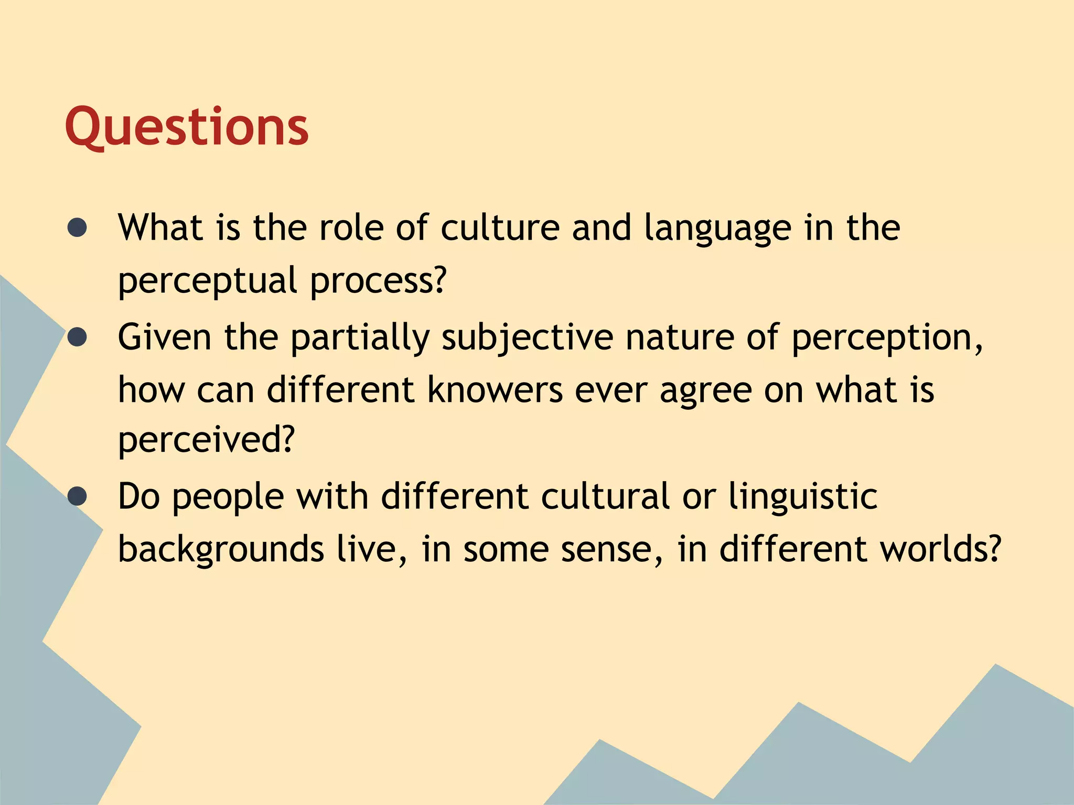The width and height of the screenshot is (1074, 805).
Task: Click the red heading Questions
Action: tap(187, 127)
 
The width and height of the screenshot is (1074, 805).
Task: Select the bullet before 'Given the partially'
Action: tap(77, 338)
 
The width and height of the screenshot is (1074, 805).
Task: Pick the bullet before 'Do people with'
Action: tap(77, 496)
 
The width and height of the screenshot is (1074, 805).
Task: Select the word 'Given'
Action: tap(165, 338)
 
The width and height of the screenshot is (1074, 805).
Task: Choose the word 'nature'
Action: tap(680, 338)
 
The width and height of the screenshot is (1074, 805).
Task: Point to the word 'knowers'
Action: tap(495, 390)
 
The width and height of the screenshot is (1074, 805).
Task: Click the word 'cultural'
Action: tap(605, 496)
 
